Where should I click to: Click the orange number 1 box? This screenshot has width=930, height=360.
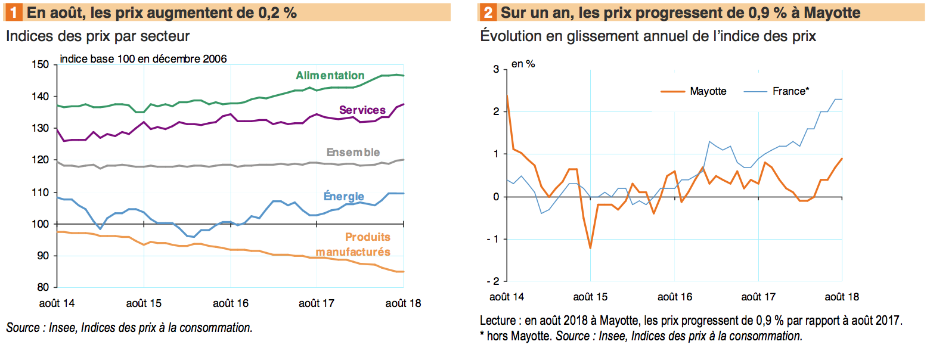point(13,12)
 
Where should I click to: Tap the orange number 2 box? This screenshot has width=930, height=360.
point(488,12)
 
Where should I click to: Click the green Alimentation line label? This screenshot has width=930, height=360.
point(330,76)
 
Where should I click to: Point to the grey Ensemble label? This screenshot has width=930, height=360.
point(353,153)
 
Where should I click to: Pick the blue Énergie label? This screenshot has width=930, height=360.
point(343,196)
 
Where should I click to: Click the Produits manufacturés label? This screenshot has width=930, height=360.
point(353,244)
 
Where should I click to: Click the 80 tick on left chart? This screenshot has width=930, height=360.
point(44,287)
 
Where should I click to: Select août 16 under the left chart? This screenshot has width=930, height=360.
point(230,303)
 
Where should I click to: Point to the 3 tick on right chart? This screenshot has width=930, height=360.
point(495,70)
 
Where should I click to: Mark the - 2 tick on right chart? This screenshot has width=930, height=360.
point(492,281)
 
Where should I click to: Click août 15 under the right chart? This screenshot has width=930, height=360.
point(590,296)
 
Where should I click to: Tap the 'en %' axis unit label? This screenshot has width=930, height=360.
point(523,64)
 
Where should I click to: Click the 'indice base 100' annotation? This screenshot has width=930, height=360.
point(143,58)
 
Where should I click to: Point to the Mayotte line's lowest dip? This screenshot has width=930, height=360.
point(590,248)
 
